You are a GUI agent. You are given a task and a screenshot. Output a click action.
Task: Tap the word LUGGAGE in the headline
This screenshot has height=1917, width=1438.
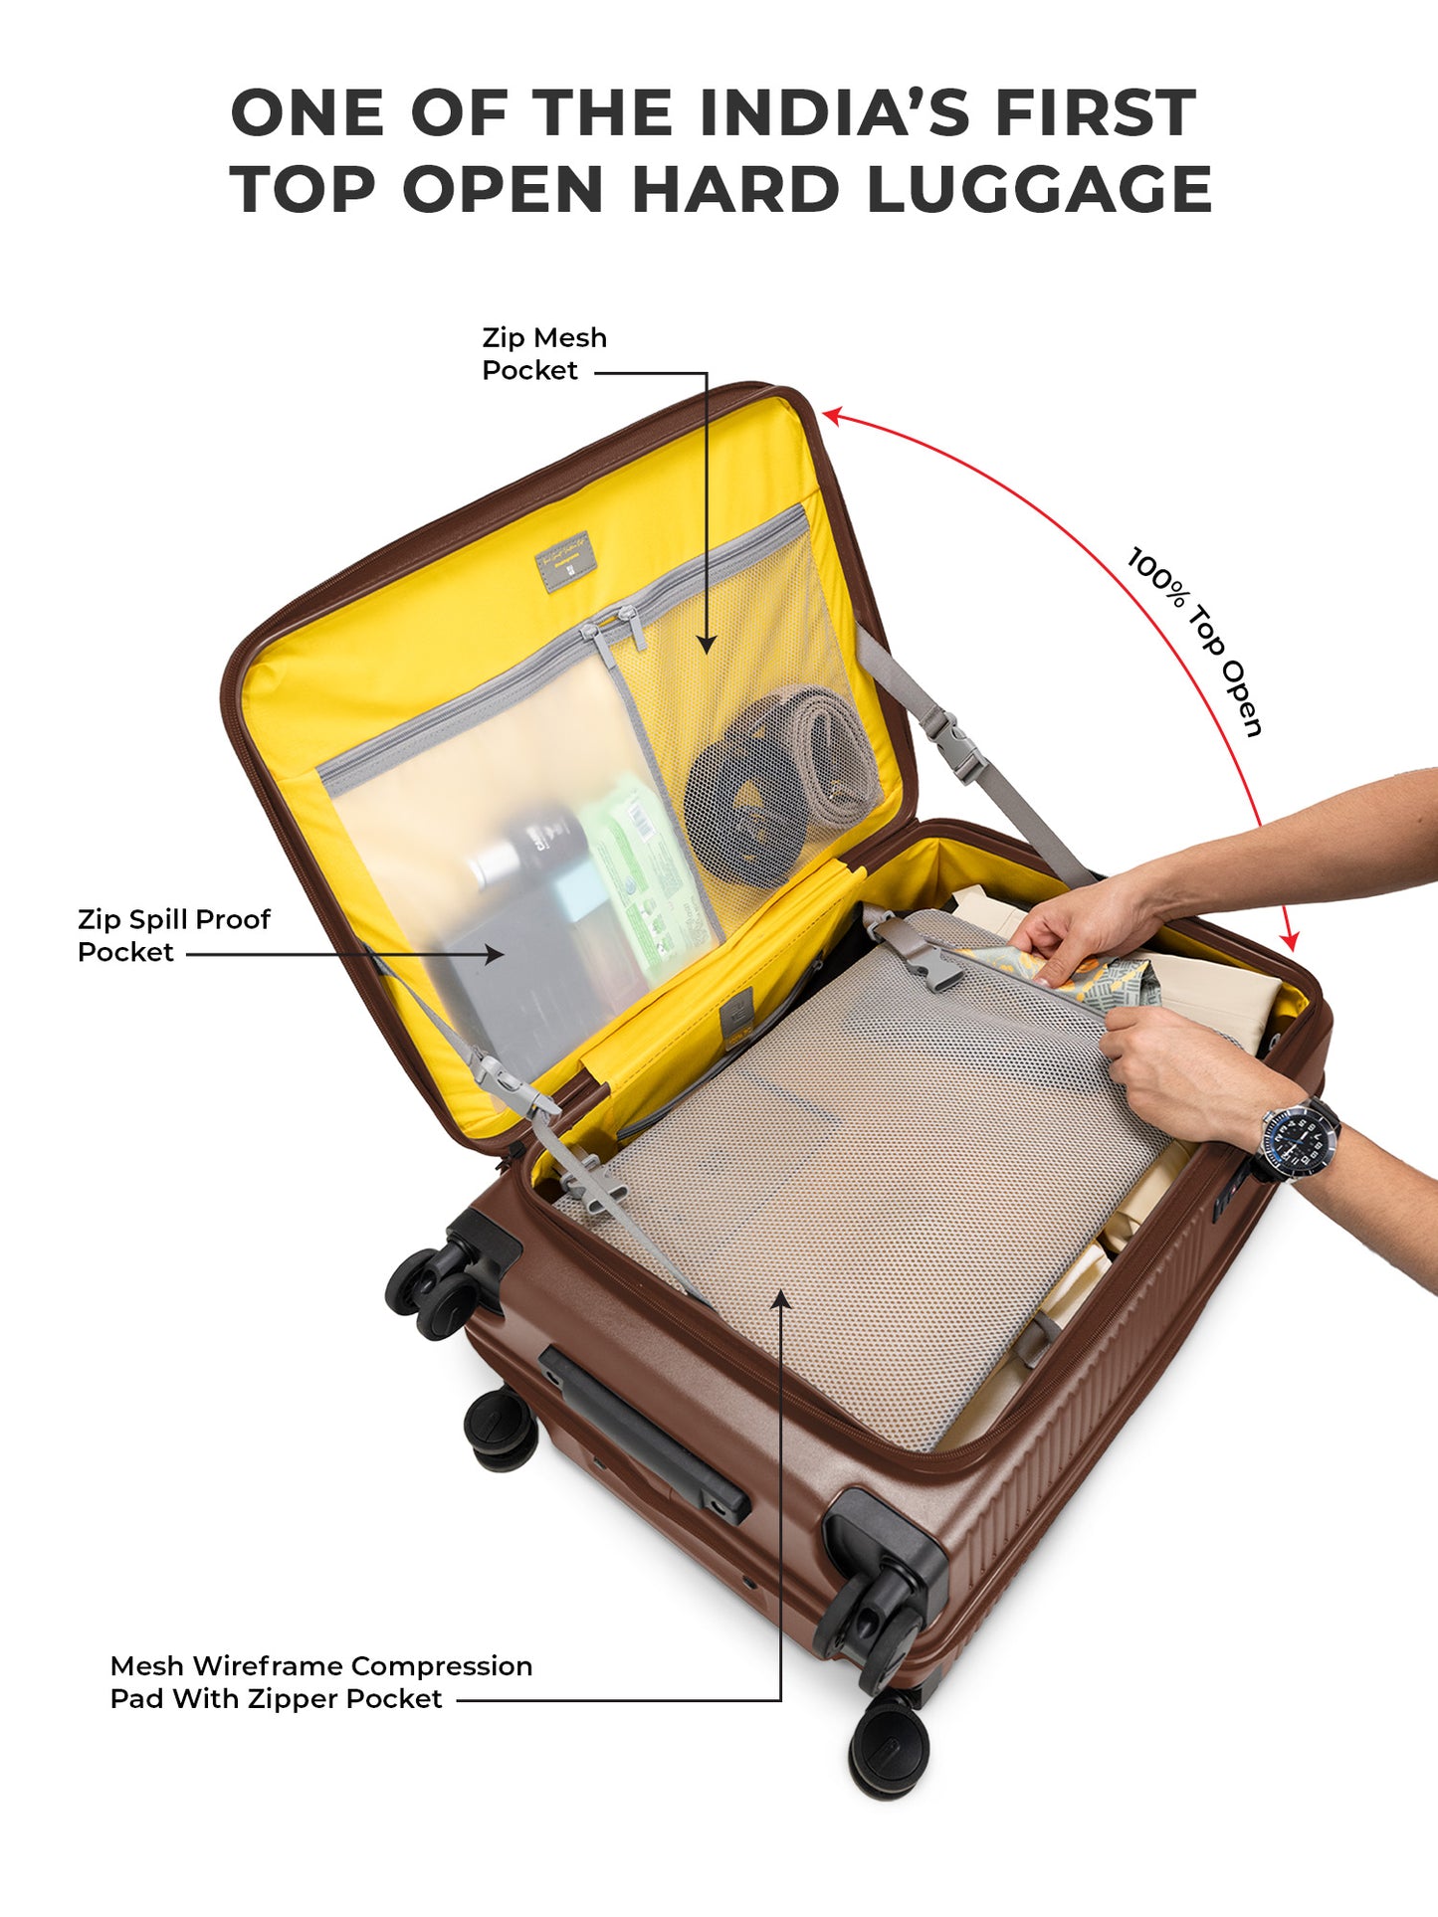coord(1039,189)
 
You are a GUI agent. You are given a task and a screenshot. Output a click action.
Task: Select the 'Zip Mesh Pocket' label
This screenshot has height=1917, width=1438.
coord(543,353)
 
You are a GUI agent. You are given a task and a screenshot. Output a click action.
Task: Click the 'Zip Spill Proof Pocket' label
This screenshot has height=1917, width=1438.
coord(173,935)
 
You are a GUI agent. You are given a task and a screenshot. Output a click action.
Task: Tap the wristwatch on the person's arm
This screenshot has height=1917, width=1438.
coord(1300,1140)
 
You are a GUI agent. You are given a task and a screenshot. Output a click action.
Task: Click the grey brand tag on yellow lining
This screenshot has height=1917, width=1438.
coord(564,562)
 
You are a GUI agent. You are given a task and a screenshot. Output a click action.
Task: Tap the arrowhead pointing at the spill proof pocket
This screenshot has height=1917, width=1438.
coord(494,954)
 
